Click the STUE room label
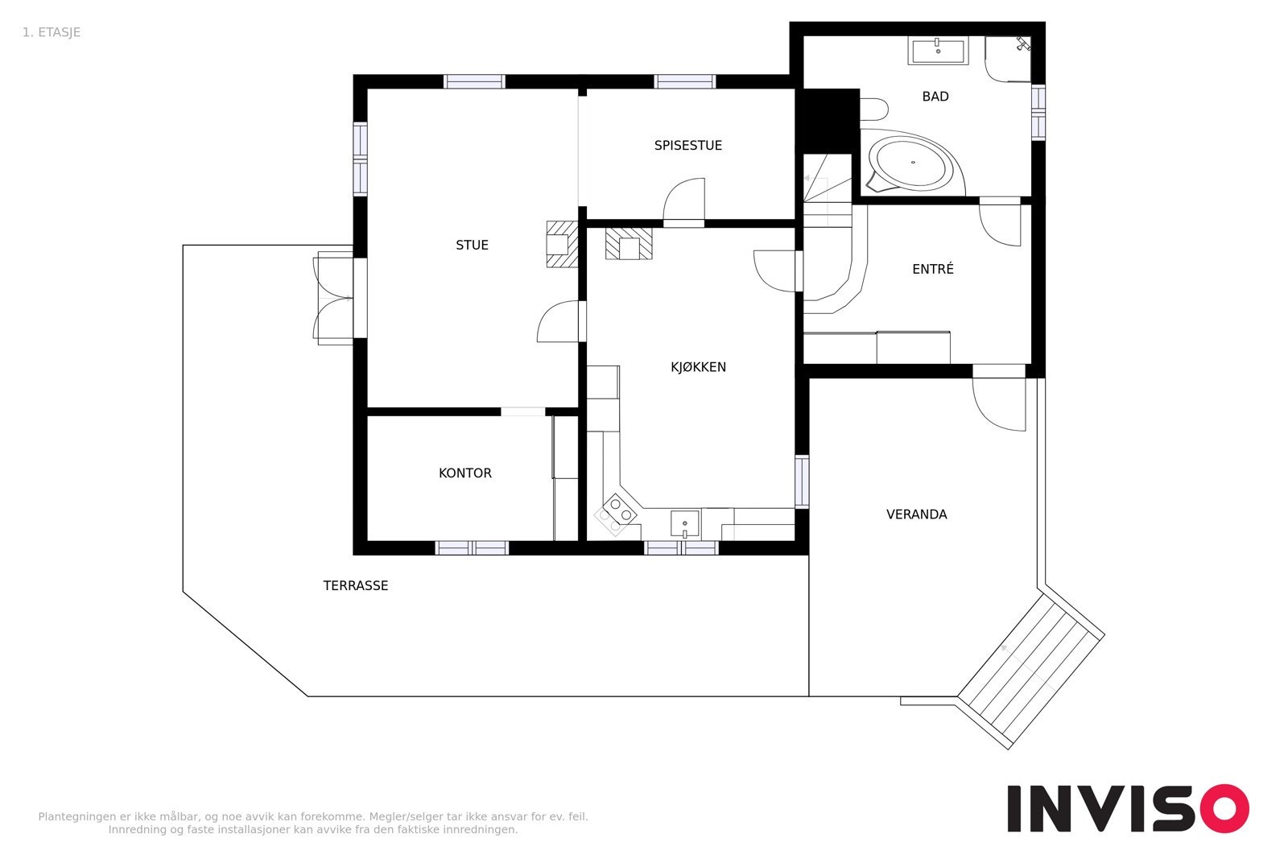(x=472, y=245)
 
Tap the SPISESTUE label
(x=687, y=146)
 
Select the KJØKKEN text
(x=698, y=367)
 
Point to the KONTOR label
(x=464, y=473)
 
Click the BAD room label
(x=935, y=97)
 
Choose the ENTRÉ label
(x=933, y=269)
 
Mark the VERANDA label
(x=916, y=514)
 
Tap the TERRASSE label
(x=355, y=586)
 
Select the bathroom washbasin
(x=938, y=51)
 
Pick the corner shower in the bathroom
(x=1007, y=59)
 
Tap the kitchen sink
(x=685, y=524)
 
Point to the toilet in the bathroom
(x=874, y=109)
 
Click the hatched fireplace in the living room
(x=562, y=245)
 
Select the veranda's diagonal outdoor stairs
(x=1030, y=671)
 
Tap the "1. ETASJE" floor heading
(x=52, y=33)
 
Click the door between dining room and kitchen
(x=683, y=202)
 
